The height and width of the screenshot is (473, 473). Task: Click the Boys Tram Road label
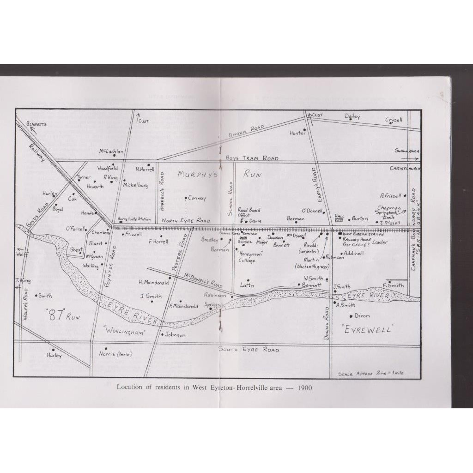tap(252, 158)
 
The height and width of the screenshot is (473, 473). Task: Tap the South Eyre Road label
tap(249, 350)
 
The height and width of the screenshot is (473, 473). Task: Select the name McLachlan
tap(111, 151)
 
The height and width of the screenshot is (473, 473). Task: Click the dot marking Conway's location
tap(186, 198)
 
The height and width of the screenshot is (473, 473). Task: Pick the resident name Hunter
tap(297, 133)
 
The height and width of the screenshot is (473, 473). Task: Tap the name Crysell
tap(394, 120)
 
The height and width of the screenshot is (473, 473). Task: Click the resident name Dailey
tap(352, 116)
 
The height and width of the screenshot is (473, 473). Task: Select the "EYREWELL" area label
tap(369, 330)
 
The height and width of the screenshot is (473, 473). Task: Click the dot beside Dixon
tap(352, 316)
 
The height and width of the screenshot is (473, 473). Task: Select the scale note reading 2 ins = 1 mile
tap(370, 373)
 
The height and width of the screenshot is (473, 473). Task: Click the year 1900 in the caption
tap(305, 387)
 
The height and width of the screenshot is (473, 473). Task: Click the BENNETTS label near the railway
tap(36, 124)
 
